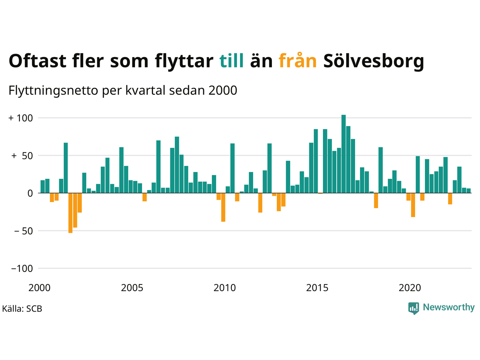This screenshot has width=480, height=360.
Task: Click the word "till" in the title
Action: coord(231,61)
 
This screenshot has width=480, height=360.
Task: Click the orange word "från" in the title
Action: coord(298,61)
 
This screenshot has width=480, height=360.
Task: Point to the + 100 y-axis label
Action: coord(21,118)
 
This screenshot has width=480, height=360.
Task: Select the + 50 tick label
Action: coord(22,156)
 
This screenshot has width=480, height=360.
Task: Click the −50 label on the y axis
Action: coord(23,231)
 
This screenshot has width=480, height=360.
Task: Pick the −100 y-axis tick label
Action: coord(22,268)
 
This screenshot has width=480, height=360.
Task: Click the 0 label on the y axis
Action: coord(30,193)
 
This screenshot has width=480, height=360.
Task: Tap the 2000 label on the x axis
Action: coord(39,288)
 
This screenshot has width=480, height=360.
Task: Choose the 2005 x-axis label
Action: coord(132,288)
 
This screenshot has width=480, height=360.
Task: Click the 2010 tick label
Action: coord(225,288)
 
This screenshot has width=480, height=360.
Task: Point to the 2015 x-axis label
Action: coord(317,288)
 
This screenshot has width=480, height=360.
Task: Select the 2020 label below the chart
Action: coord(410,288)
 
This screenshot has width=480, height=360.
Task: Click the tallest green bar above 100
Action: coord(343,154)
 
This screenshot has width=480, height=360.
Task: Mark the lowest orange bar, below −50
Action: coord(70,213)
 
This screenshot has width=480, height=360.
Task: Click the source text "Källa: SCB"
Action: coord(22,309)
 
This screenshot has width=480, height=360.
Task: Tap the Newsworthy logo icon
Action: coord(414,308)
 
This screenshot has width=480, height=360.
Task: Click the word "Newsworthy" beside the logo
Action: coord(448,307)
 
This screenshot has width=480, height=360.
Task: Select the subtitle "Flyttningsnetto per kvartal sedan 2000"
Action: coord(123,91)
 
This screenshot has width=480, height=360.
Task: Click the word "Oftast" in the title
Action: coord(37,61)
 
